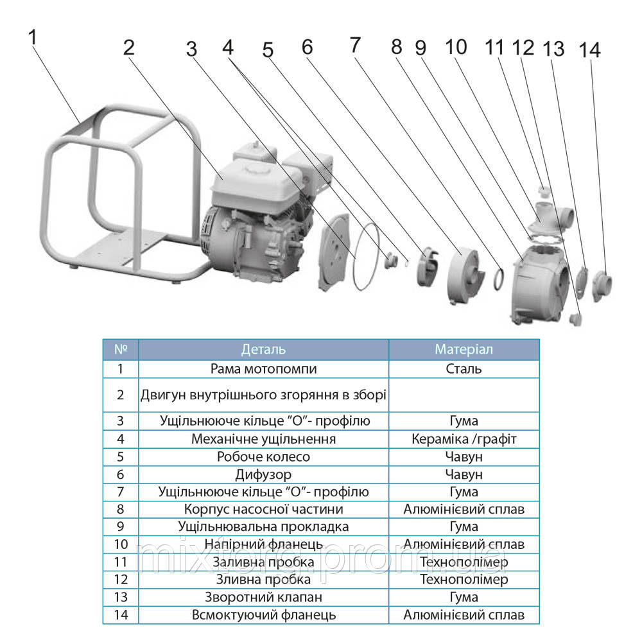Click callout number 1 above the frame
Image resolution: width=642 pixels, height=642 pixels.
[33, 39]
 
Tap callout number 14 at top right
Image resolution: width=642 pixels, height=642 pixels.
[589, 51]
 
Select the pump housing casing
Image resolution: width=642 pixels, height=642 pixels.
[539, 280]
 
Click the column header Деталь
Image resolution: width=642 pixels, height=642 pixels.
[263, 349]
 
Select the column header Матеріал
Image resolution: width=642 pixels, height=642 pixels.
[464, 349]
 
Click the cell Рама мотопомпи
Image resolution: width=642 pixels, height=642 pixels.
[263, 369]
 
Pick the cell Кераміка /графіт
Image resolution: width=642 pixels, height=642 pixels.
[464, 439]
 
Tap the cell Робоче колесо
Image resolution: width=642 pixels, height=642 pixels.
[263, 456]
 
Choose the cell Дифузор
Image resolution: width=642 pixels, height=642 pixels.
[263, 474]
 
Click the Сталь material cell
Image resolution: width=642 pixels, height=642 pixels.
[464, 369]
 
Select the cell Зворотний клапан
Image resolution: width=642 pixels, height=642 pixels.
[263, 597]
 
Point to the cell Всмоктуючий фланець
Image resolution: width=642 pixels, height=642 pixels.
[263, 614]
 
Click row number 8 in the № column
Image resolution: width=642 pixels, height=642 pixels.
[120, 509]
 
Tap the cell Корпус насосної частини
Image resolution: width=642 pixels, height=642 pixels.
[263, 509]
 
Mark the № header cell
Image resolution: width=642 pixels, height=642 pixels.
[120, 349]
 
